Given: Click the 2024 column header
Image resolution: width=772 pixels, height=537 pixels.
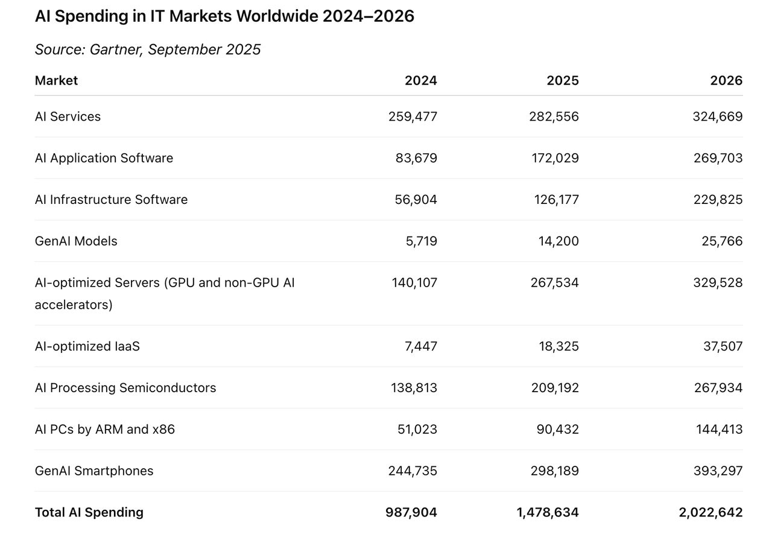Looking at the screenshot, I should pyautogui.click(x=420, y=80).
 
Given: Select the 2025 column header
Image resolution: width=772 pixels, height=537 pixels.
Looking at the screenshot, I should pyautogui.click(x=562, y=80).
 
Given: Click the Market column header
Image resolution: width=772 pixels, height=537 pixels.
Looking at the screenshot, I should pyautogui.click(x=56, y=80).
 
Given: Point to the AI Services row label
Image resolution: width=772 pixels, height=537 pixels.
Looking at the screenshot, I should pyautogui.click(x=68, y=116).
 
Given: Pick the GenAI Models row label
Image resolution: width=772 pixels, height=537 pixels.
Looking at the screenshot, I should pyautogui.click(x=76, y=241).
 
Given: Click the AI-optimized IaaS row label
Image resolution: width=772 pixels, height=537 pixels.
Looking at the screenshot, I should pyautogui.click(x=87, y=346).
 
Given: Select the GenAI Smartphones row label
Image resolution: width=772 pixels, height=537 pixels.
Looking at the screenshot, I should pyautogui.click(x=94, y=471).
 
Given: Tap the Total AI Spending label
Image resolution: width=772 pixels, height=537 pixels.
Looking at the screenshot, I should pyautogui.click(x=89, y=512).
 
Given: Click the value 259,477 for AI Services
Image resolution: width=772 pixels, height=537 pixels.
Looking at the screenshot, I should pyautogui.click(x=413, y=116).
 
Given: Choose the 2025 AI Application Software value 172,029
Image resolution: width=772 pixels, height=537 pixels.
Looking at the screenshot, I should pyautogui.click(x=556, y=158).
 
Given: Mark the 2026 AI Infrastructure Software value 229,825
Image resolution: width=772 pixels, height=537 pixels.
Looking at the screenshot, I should pyautogui.click(x=718, y=200).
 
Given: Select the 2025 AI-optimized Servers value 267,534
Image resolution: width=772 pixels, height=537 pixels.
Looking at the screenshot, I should pyautogui.click(x=554, y=282).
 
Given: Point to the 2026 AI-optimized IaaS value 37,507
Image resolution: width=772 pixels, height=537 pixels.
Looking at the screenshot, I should pyautogui.click(x=723, y=346).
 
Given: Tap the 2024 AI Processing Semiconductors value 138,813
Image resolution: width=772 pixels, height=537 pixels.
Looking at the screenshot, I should pyautogui.click(x=414, y=388).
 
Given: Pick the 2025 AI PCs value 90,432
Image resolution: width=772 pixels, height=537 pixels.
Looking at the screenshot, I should pyautogui.click(x=557, y=430).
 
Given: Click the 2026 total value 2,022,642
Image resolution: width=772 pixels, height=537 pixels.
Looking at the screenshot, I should pyautogui.click(x=710, y=512).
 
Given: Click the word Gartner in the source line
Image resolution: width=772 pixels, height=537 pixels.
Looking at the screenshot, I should pyautogui.click(x=115, y=49).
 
